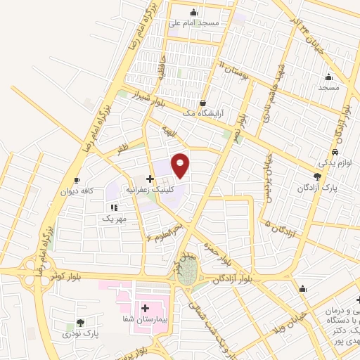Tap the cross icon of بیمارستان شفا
click(146, 308)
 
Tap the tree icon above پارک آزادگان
click(318, 176)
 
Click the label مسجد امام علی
click(195, 23)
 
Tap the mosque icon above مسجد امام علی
click(194, 11)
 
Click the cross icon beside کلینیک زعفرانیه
click(150, 179)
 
